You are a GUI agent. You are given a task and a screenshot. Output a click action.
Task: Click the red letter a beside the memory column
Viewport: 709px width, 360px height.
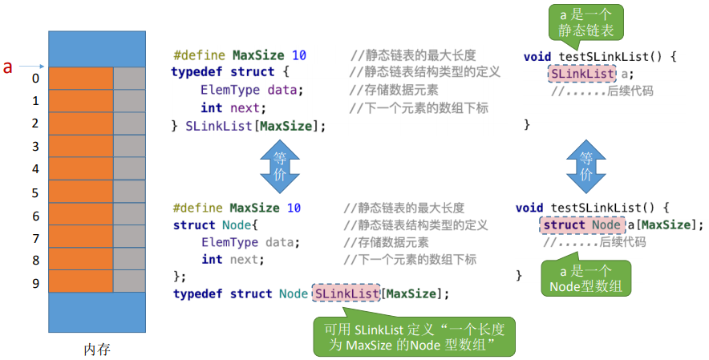pyautogui.click(x=8, y=67)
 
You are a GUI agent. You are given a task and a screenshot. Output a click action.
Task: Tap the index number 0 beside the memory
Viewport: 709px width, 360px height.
pyautogui.click(x=35, y=79)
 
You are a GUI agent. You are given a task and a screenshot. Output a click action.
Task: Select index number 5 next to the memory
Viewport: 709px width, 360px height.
pyautogui.click(x=35, y=193)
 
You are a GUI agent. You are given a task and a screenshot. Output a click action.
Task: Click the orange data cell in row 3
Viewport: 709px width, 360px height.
pyautogui.click(x=81, y=147)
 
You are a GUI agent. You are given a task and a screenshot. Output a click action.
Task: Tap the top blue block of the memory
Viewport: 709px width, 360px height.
pyautogui.click(x=96, y=49)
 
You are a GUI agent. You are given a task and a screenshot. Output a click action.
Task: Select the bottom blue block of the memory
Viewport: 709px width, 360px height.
pyautogui.click(x=96, y=313)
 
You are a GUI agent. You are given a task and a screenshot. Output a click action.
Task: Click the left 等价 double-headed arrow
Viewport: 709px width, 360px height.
pyautogui.click(x=279, y=168)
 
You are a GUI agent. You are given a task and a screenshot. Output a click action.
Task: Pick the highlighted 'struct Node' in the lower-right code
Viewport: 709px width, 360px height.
pyautogui.click(x=581, y=224)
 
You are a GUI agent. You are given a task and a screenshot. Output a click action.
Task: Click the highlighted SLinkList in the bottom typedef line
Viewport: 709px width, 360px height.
pyautogui.click(x=346, y=293)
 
